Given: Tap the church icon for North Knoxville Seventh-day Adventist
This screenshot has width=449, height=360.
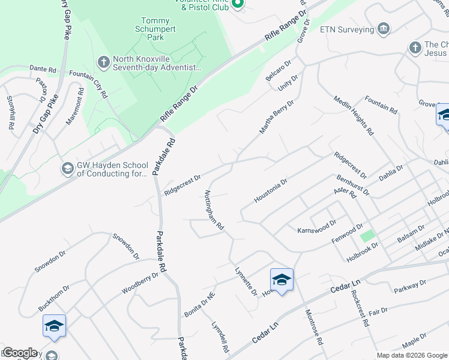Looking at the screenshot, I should pyautogui.click(x=103, y=62).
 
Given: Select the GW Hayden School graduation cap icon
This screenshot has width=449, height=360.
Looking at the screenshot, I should pyautogui.click(x=67, y=169).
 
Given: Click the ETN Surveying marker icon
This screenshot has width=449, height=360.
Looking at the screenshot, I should pyautogui.click(x=383, y=29).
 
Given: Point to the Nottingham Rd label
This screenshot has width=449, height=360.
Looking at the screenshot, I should pyautogui.click(x=214, y=211).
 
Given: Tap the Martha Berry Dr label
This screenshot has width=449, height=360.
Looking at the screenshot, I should pyautogui.click(x=276, y=117).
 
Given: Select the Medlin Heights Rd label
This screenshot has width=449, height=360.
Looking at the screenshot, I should pyautogui.click(x=354, y=115).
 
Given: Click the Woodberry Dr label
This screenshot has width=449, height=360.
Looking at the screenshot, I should pyautogui.click(x=140, y=283).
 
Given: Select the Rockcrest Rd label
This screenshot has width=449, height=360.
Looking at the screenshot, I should pyautogui.click(x=360, y=308).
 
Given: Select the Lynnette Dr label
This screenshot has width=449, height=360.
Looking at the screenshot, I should pyautogui.click(x=246, y=281).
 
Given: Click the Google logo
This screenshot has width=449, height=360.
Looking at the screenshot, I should pyautogui.click(x=20, y=353).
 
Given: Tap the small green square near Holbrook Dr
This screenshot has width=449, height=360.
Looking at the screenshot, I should pyautogui.click(x=367, y=236).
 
